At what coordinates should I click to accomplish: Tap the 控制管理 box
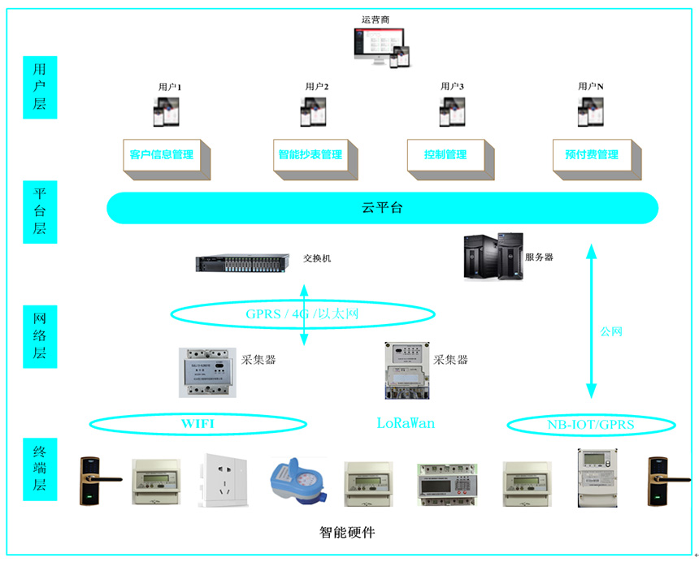coord(445,154)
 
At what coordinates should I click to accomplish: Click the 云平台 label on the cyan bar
coord(382,208)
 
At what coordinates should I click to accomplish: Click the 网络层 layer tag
coord(40,335)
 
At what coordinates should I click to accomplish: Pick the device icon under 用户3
coord(452,112)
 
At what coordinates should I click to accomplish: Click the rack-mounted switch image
coord(242,262)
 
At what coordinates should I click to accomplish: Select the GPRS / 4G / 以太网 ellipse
coord(302,314)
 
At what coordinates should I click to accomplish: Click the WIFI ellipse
coord(198,423)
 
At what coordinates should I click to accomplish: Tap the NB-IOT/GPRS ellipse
coord(591,424)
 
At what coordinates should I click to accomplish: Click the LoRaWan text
coord(406,423)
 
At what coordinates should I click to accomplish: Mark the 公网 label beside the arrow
coord(611,331)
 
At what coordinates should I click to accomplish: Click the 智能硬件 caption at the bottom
coord(347,533)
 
